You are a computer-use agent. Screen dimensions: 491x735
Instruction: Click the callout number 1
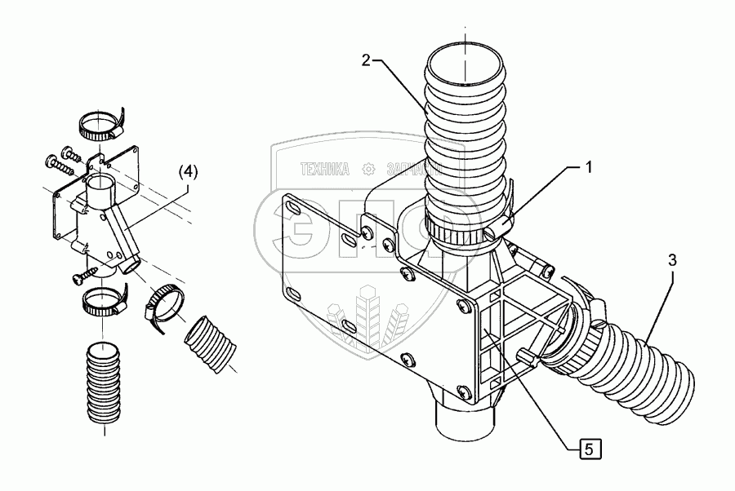click(587, 168)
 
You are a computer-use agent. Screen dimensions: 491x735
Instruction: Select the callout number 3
click(671, 261)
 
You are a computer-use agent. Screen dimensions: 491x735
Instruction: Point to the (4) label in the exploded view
click(188, 172)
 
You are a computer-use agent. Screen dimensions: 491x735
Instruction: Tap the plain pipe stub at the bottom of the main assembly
click(463, 420)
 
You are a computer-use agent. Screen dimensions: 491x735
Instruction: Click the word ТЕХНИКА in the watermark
click(325, 170)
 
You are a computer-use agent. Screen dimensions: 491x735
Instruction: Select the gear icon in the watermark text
click(368, 170)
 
